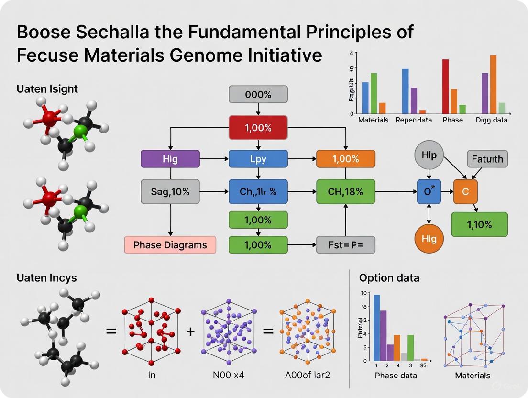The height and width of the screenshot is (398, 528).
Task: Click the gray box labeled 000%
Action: point(258,94)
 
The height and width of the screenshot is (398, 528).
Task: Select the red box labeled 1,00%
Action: point(258,128)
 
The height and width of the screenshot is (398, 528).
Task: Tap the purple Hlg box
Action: point(170,159)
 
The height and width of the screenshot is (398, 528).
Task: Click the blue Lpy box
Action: point(258,159)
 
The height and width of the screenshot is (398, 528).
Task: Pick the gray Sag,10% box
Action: point(170,192)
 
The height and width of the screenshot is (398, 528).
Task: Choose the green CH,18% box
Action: point(345,192)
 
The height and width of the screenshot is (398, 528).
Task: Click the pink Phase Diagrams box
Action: point(170,245)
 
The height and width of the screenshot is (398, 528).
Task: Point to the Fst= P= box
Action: point(345,245)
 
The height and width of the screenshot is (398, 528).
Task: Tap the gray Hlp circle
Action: point(429,155)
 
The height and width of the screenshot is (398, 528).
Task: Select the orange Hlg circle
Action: point(429,238)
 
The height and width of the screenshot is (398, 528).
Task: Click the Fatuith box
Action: point(487,158)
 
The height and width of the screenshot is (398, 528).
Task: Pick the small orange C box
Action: point(465,192)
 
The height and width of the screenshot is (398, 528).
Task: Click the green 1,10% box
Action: point(479,224)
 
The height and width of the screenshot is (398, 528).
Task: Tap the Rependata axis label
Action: point(414,120)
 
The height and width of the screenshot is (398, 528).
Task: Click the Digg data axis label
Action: point(492,120)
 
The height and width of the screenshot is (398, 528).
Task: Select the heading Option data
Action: point(389,277)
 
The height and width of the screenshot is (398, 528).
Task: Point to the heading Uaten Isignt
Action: point(47,88)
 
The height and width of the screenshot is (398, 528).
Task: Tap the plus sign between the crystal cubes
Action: point(190,331)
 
